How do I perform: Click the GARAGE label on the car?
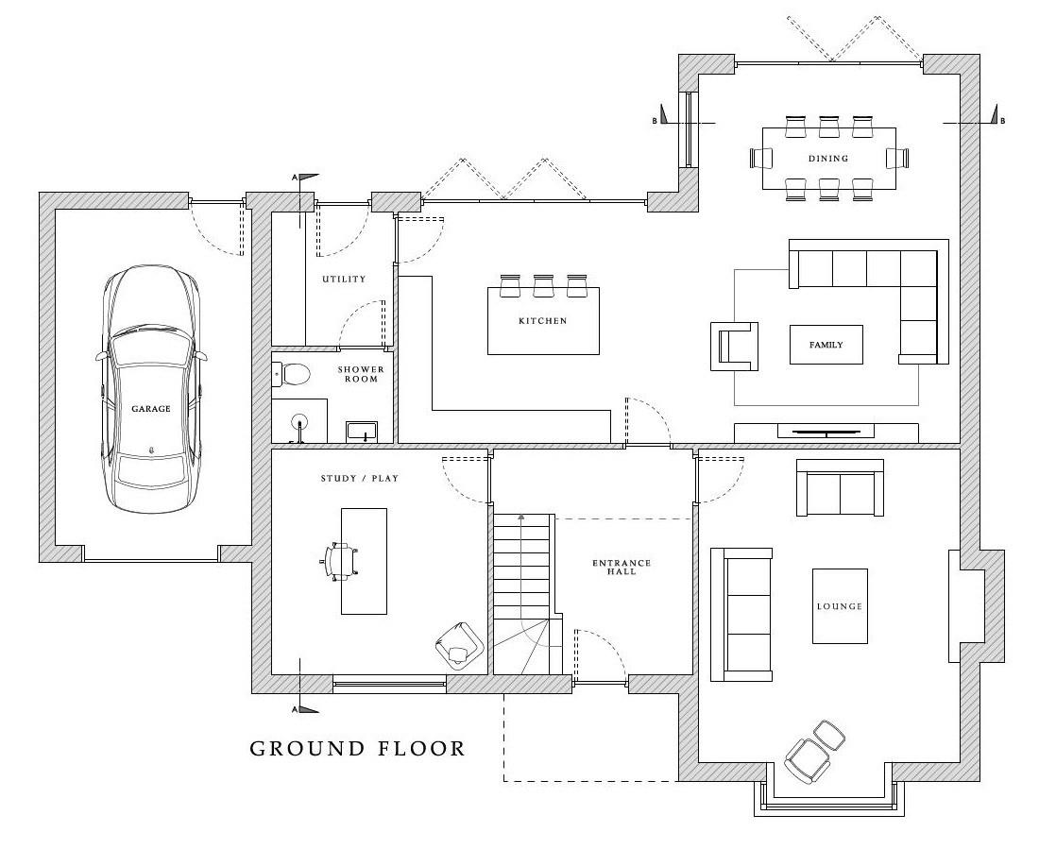point(151,409)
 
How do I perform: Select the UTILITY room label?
point(344,279)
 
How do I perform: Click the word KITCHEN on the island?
point(543,321)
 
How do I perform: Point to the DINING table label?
point(828,159)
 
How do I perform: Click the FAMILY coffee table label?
point(826,345)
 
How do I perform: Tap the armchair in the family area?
point(734,346)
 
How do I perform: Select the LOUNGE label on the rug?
point(839,606)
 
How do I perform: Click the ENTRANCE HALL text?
point(622,567)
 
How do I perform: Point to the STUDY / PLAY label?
point(360,479)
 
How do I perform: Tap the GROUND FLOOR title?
point(358,748)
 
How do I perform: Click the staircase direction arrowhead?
point(520,518)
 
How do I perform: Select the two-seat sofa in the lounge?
point(840,487)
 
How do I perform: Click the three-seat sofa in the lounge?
point(741,615)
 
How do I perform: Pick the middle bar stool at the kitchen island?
point(543,285)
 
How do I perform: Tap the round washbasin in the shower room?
point(299,423)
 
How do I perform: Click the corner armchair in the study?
point(459,645)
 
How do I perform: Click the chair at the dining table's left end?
point(761,159)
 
